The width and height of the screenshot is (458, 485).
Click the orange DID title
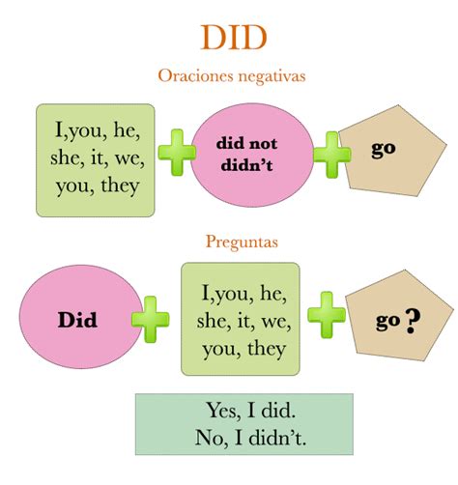pos(234,38)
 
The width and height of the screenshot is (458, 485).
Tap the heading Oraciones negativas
pos(232,76)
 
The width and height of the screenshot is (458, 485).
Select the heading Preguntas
pos(242,242)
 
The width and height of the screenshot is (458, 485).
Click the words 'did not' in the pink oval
pos(246,144)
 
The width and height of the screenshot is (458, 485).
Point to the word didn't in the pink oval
pos(246,165)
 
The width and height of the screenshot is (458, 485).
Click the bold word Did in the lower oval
pos(77,320)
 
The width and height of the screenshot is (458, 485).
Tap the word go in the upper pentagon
pos(384,150)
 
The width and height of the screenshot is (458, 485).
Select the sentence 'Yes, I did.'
pos(250,411)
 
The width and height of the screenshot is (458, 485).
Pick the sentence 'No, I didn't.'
pos(250,438)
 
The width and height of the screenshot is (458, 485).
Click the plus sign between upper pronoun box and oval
pos(177,153)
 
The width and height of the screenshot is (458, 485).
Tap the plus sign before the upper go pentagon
pos(331,155)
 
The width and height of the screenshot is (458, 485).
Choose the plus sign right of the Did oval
pos(150,319)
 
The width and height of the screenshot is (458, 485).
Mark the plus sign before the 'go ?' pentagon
pos(327,315)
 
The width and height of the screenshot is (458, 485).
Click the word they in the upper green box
pos(120,186)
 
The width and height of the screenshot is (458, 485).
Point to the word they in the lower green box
pos(267,349)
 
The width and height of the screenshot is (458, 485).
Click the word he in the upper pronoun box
pos(126,130)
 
